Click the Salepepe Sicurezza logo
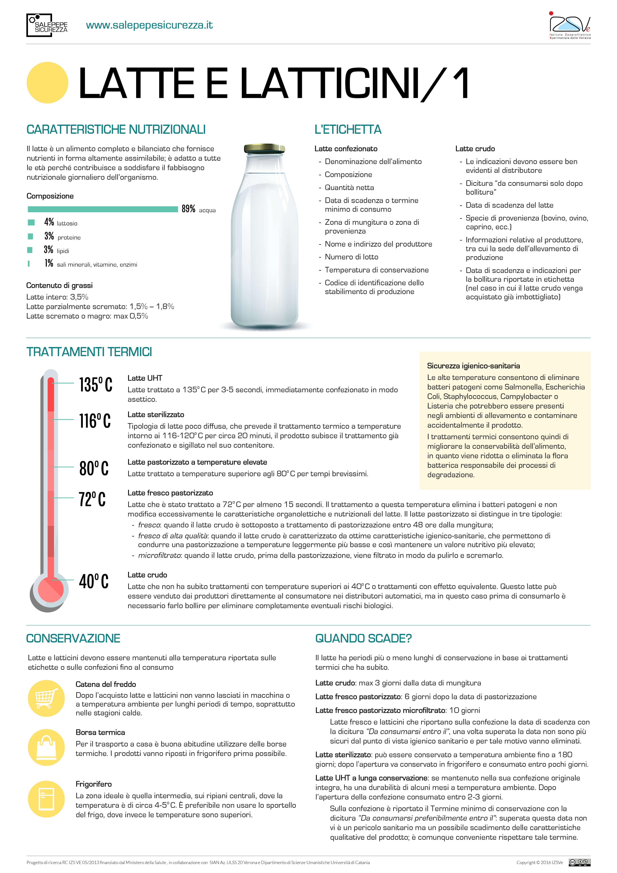(47, 26)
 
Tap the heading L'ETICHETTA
(348, 130)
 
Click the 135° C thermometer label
(95, 384)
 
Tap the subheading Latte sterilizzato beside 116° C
(156, 414)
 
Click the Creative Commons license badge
(579, 862)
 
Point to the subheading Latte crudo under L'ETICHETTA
(475, 149)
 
